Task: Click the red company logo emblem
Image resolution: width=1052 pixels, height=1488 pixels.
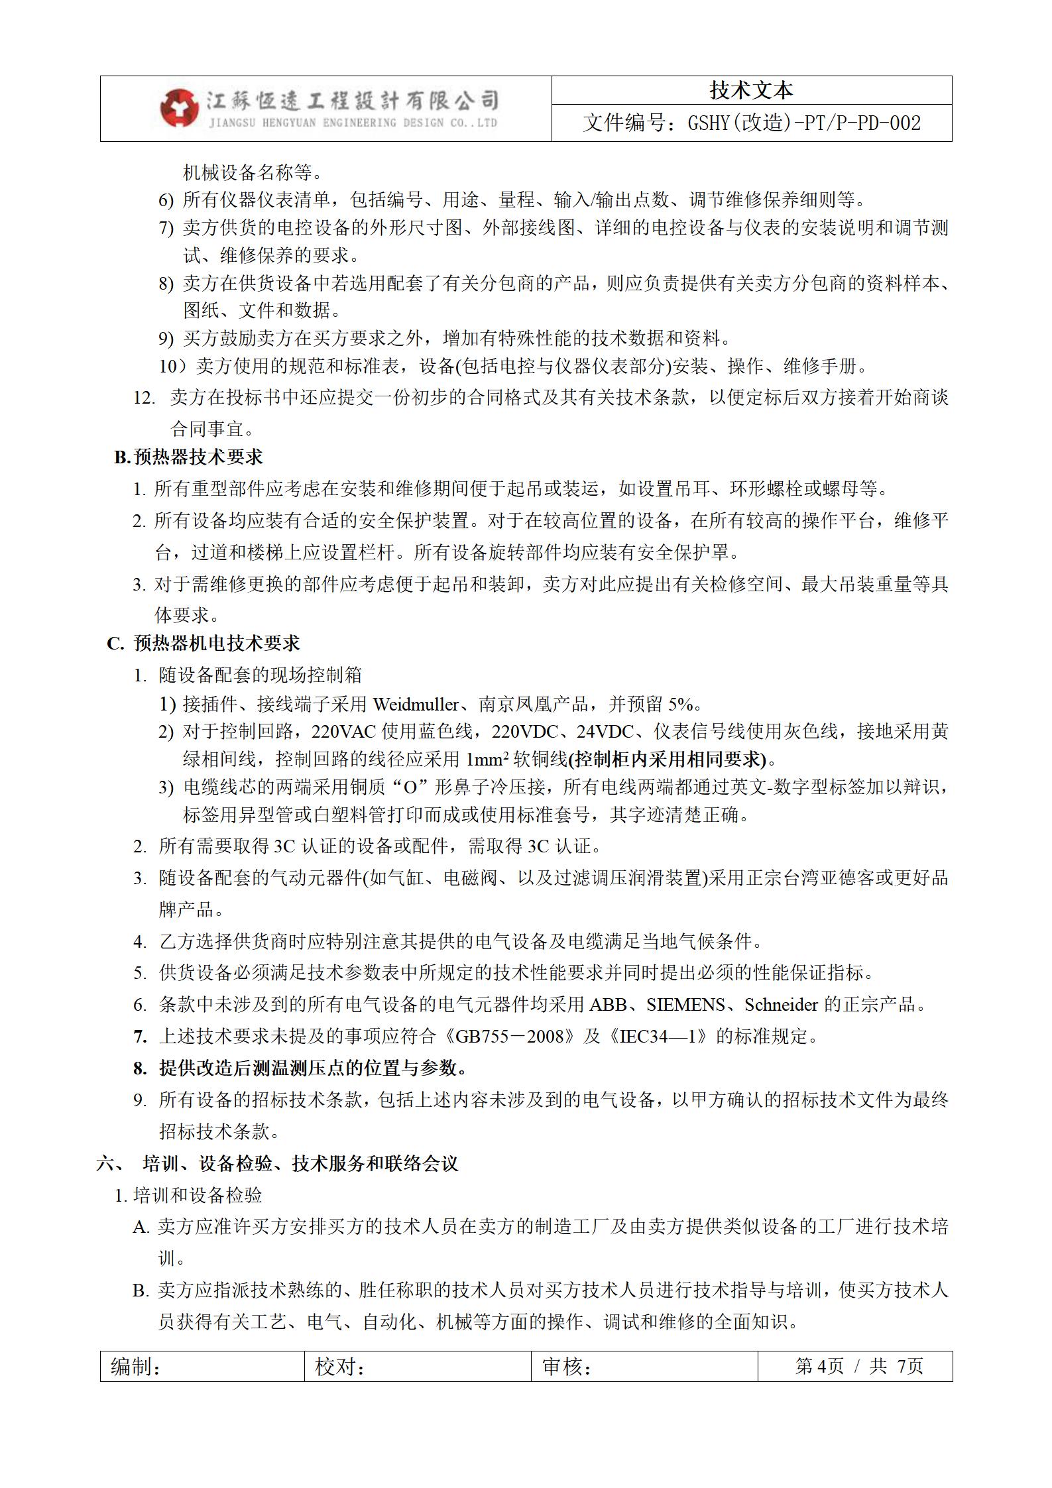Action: point(179,107)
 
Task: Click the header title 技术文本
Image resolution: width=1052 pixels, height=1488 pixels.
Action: point(751,91)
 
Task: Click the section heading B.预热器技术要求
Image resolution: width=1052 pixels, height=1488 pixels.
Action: point(188,457)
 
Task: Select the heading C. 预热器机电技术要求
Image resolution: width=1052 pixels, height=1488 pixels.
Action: point(204,644)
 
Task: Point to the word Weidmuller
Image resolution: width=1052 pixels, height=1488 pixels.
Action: point(416,704)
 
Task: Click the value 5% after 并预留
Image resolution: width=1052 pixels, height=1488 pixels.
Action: point(680,704)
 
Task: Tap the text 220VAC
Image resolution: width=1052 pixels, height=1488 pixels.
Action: point(344,732)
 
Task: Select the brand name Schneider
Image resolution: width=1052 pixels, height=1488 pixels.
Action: point(781,1005)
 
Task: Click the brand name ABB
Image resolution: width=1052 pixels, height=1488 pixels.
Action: point(608,1005)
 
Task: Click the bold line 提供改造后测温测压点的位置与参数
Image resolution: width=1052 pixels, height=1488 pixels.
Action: point(313,1068)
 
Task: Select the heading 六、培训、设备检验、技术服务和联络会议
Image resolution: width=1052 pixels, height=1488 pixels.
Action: point(278,1163)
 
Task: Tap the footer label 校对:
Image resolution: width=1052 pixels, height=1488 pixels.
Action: point(340,1367)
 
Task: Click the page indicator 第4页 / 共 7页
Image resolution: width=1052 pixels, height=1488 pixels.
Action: point(858,1366)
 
